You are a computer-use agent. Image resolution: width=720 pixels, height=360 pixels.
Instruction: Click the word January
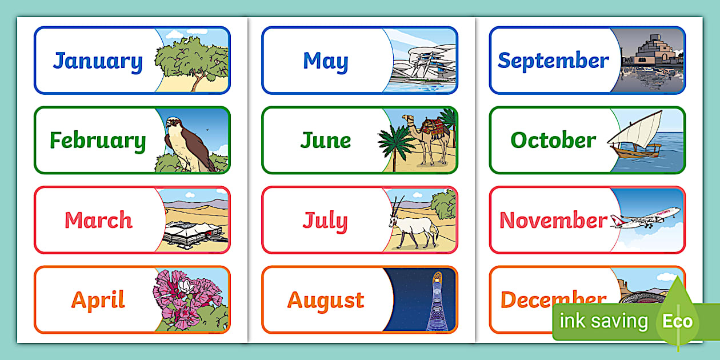pos(98,61)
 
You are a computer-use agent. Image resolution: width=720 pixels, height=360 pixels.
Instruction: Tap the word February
pos(98,141)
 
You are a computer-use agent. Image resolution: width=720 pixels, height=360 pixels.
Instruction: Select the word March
pos(98,220)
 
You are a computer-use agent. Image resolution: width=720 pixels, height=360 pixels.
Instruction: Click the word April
pos(98,300)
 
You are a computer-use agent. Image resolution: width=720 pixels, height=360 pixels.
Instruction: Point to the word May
pos(325,61)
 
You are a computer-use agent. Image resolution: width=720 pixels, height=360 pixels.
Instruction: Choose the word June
pos(325,141)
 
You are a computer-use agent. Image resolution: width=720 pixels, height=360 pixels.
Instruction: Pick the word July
pos(325,221)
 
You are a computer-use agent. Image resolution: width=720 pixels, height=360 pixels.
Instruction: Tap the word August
pos(325,300)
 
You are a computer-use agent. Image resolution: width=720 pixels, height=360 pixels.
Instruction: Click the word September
pos(553,61)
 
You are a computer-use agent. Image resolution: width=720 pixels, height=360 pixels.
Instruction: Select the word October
pos(553,140)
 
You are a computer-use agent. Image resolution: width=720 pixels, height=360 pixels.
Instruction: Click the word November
pos(553,220)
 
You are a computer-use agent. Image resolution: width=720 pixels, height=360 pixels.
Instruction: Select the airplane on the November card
pos(646,218)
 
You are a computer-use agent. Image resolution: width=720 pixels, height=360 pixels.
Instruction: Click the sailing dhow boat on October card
pos(634,137)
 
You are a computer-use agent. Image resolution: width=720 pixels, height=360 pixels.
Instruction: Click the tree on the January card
pos(191,60)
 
